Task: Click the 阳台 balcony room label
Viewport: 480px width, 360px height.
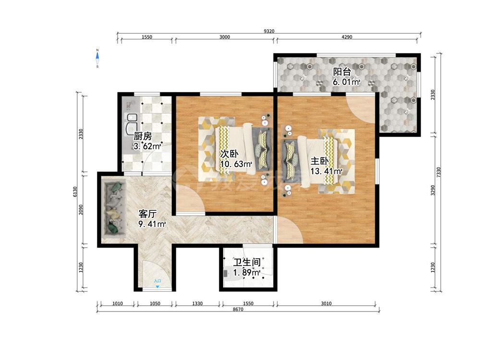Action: click(342, 72)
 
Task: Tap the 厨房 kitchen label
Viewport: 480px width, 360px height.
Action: click(143, 136)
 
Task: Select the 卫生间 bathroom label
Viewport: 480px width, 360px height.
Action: click(247, 263)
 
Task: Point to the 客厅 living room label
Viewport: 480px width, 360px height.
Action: click(147, 214)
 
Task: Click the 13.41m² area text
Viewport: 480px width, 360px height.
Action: click(326, 171)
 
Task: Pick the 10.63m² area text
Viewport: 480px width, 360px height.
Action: click(236, 164)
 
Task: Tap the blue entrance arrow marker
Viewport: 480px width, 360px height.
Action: click(157, 287)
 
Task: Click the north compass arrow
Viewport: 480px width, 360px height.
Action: click(97, 56)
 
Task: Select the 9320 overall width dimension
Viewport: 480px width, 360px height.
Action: click(269, 31)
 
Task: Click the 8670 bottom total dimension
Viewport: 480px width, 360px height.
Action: click(238, 309)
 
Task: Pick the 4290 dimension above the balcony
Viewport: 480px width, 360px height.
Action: click(347, 37)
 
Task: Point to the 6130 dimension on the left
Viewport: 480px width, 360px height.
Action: click(75, 192)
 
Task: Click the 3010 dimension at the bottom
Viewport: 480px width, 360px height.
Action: click(326, 303)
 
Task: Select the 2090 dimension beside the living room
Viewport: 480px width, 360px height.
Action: click(81, 210)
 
